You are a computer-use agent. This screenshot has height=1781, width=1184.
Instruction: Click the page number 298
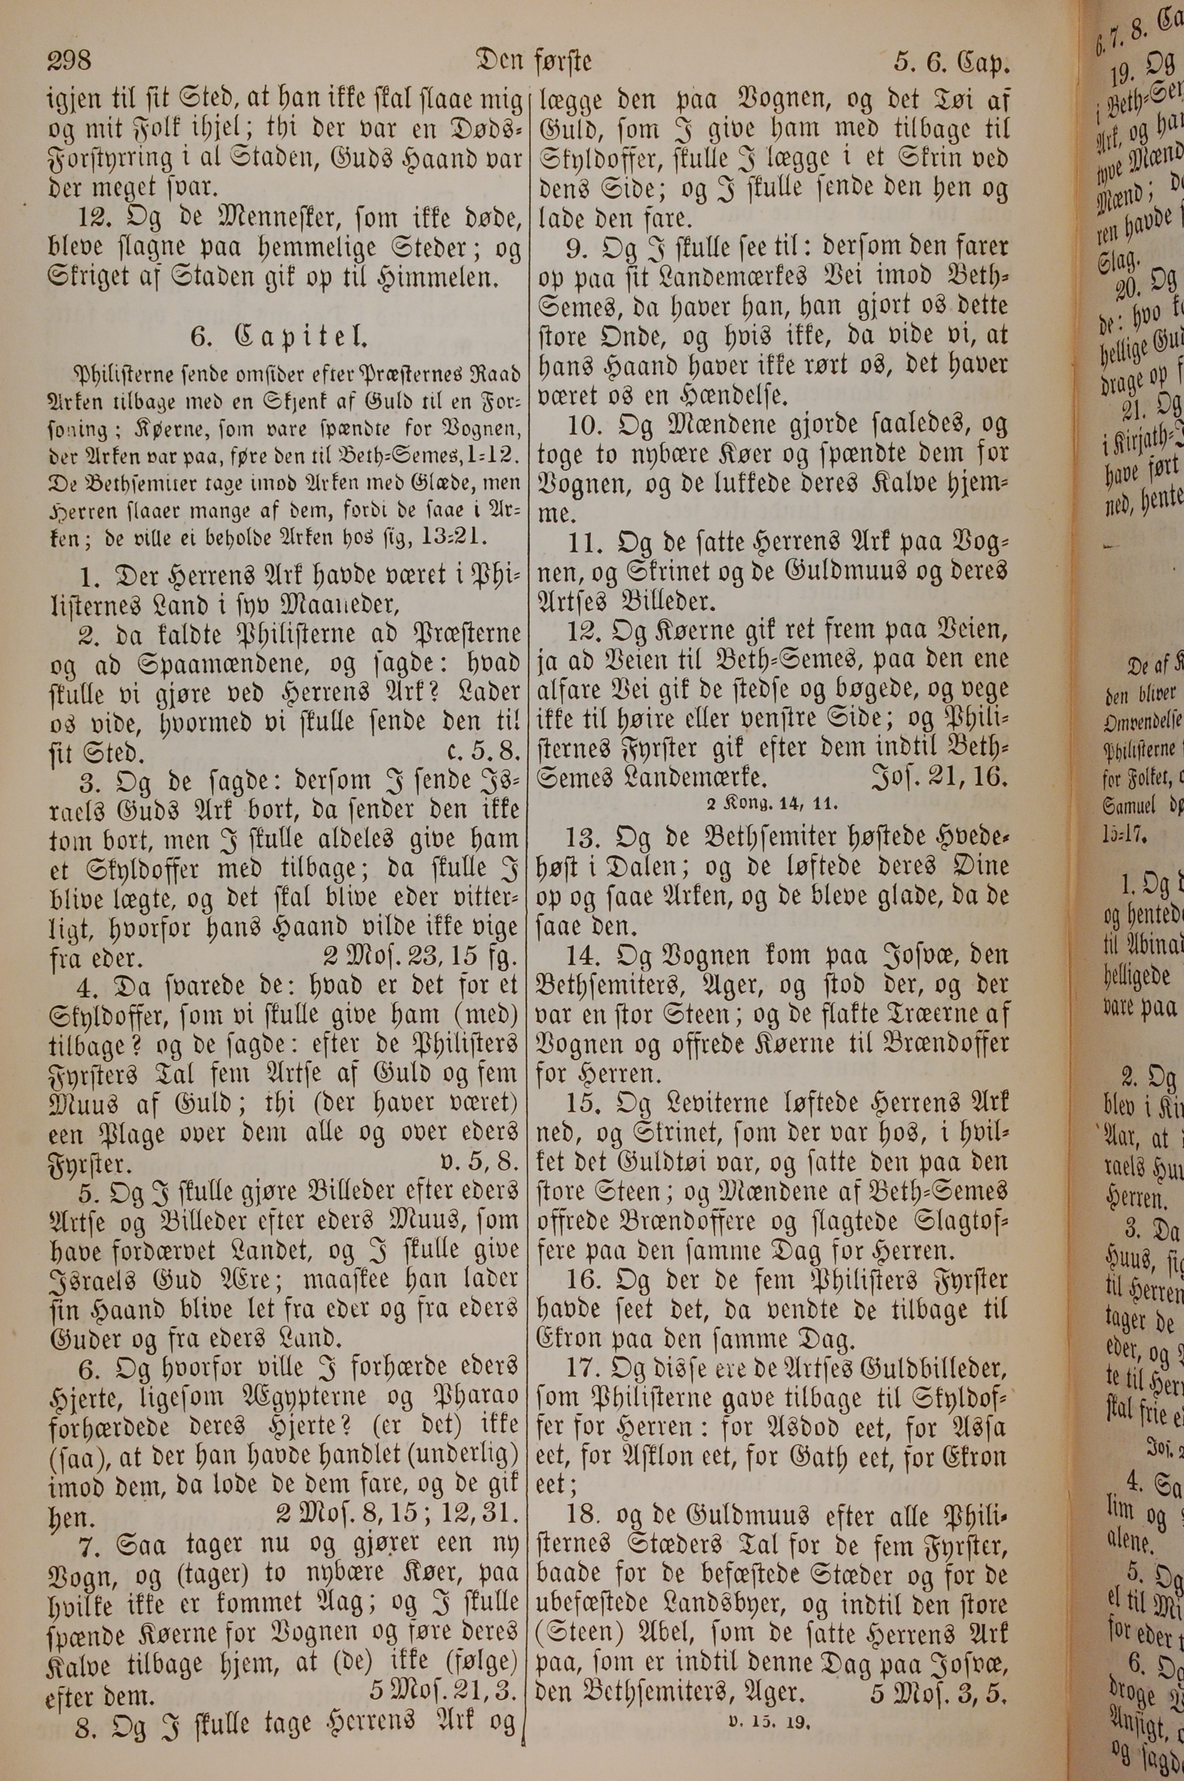pos(69,60)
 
